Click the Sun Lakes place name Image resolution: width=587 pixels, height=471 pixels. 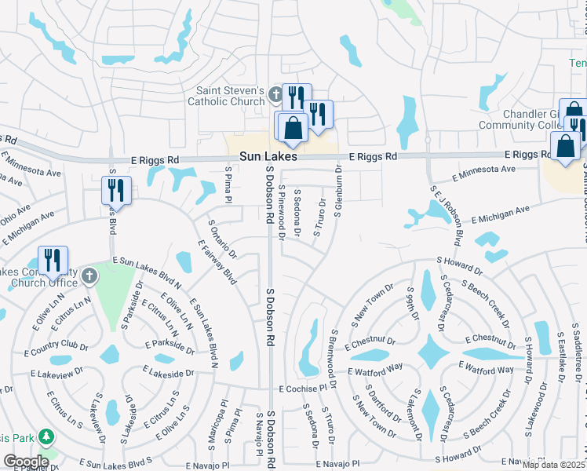[x=268, y=157]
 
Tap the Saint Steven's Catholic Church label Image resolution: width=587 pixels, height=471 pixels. [x=226, y=96]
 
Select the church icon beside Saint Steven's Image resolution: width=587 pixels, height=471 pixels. [x=274, y=95]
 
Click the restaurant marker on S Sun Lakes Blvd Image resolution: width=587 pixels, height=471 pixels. [x=116, y=189]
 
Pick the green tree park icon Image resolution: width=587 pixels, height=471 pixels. [x=46, y=436]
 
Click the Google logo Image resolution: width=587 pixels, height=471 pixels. [x=25, y=462]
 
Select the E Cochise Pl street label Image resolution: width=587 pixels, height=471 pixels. [x=301, y=389]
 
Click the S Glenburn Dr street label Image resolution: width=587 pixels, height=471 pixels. [x=339, y=180]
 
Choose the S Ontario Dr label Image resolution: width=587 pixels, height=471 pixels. [x=221, y=236]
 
